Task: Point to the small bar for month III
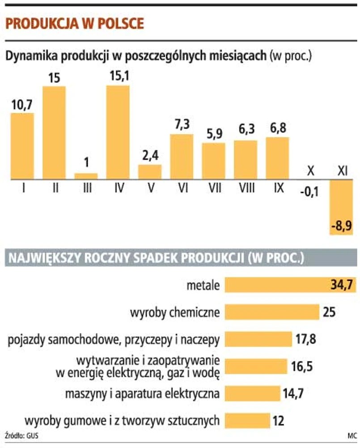[86, 176]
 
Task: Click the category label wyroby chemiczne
[175, 312]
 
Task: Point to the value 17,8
[305, 339]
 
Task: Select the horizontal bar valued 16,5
[255, 367]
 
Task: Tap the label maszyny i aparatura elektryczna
[142, 394]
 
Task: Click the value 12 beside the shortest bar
[278, 421]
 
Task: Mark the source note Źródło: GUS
[21, 435]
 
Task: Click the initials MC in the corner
[351, 435]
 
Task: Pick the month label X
[309, 171]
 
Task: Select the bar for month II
[54, 132]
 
